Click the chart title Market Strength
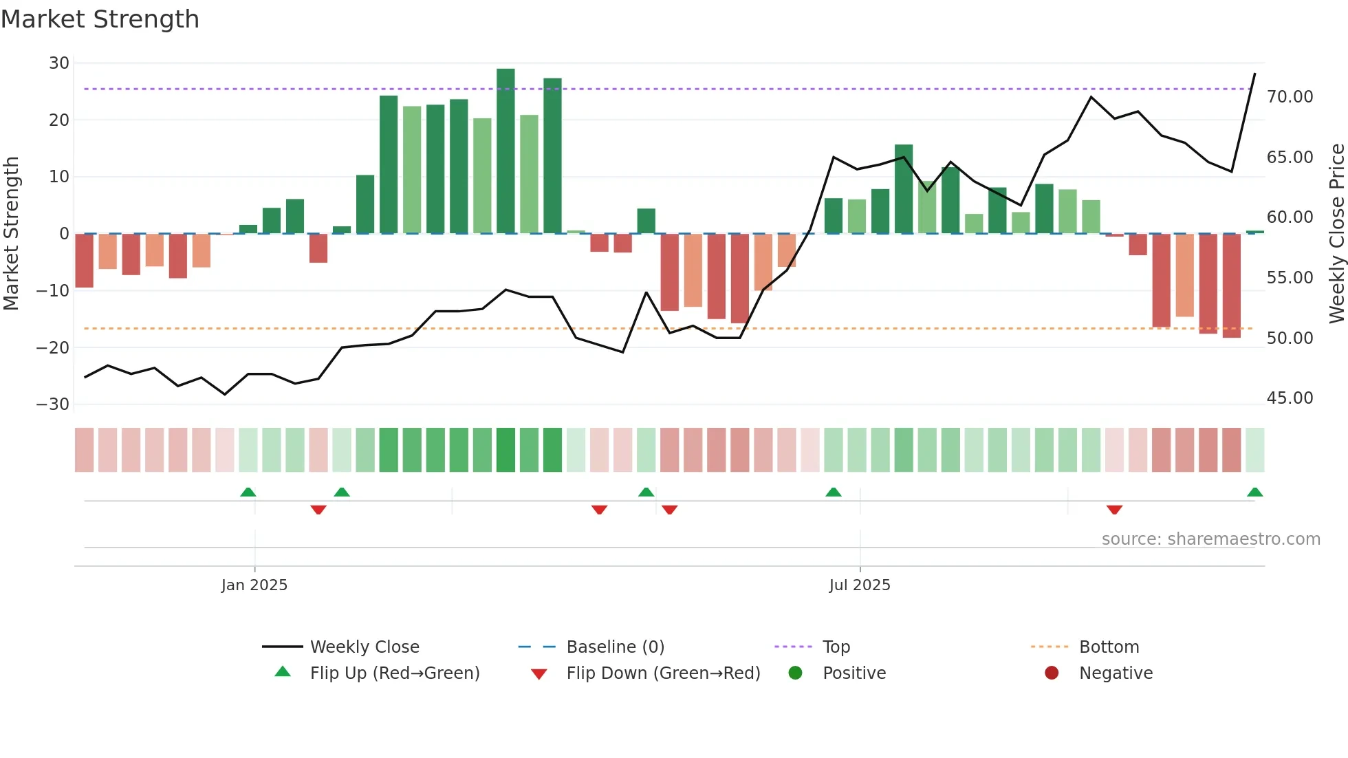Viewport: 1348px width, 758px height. (x=100, y=19)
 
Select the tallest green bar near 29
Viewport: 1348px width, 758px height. (x=505, y=151)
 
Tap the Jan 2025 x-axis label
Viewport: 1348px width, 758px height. (x=254, y=585)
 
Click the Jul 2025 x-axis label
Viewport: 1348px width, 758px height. (x=860, y=585)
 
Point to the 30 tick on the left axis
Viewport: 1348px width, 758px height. (x=59, y=63)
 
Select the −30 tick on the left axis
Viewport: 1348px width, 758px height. (x=53, y=404)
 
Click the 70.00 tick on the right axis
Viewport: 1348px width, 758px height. (x=1290, y=97)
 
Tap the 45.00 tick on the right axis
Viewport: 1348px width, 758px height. (x=1290, y=398)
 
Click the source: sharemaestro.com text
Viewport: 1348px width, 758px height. (x=1210, y=539)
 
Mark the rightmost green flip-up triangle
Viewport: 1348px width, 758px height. (x=1254, y=492)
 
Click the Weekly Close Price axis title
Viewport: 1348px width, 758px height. (x=1336, y=234)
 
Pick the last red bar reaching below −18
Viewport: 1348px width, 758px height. (x=1231, y=285)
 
